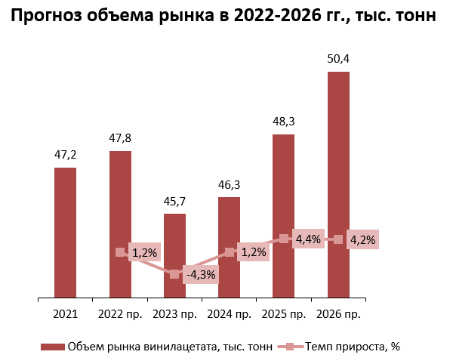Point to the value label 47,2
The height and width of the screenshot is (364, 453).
[66, 155]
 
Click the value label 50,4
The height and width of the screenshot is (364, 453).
[338, 59]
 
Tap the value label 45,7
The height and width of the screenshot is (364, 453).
[174, 201]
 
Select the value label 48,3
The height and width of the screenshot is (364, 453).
[283, 121]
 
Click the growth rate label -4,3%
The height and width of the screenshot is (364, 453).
[200, 275]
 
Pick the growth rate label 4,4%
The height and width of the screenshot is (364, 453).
[308, 239]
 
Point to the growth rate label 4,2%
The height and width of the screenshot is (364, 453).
[362, 239]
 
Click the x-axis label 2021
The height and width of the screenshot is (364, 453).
[66, 313]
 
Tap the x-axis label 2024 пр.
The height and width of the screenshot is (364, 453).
[229, 313]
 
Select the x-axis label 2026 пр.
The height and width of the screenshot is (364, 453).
[338, 313]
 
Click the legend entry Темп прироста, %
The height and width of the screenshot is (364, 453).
[352, 347]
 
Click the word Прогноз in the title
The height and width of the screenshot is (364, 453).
[48, 16]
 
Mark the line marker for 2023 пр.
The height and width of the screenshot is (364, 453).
[174, 274]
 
